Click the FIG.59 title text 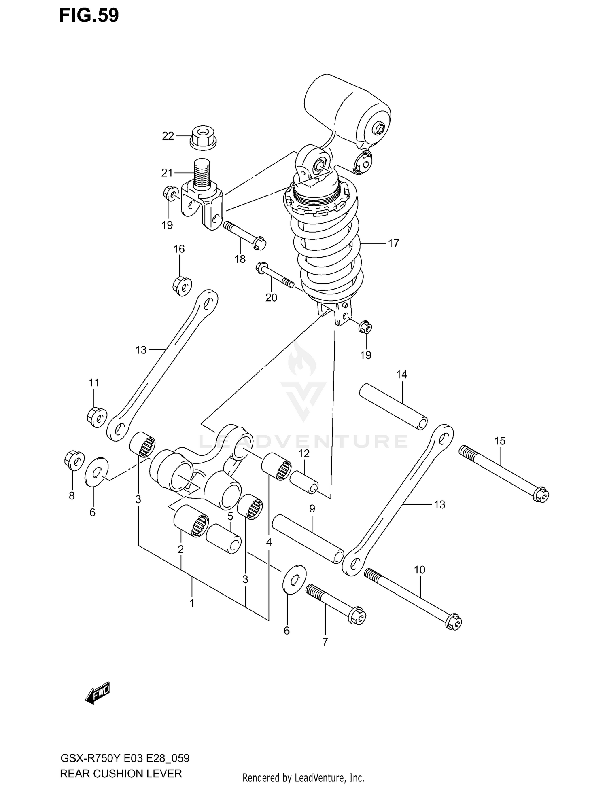tap(89, 15)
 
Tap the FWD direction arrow tap(98, 694)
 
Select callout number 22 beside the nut tap(168, 136)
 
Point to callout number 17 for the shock tap(393, 243)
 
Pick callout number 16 tap(179, 249)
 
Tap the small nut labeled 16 tap(182, 286)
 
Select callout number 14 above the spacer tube tap(401, 375)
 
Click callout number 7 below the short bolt tap(325, 642)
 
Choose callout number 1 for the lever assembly tap(192, 603)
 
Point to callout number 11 tap(94, 382)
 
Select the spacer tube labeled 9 tap(308, 538)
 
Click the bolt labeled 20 tap(274, 275)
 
